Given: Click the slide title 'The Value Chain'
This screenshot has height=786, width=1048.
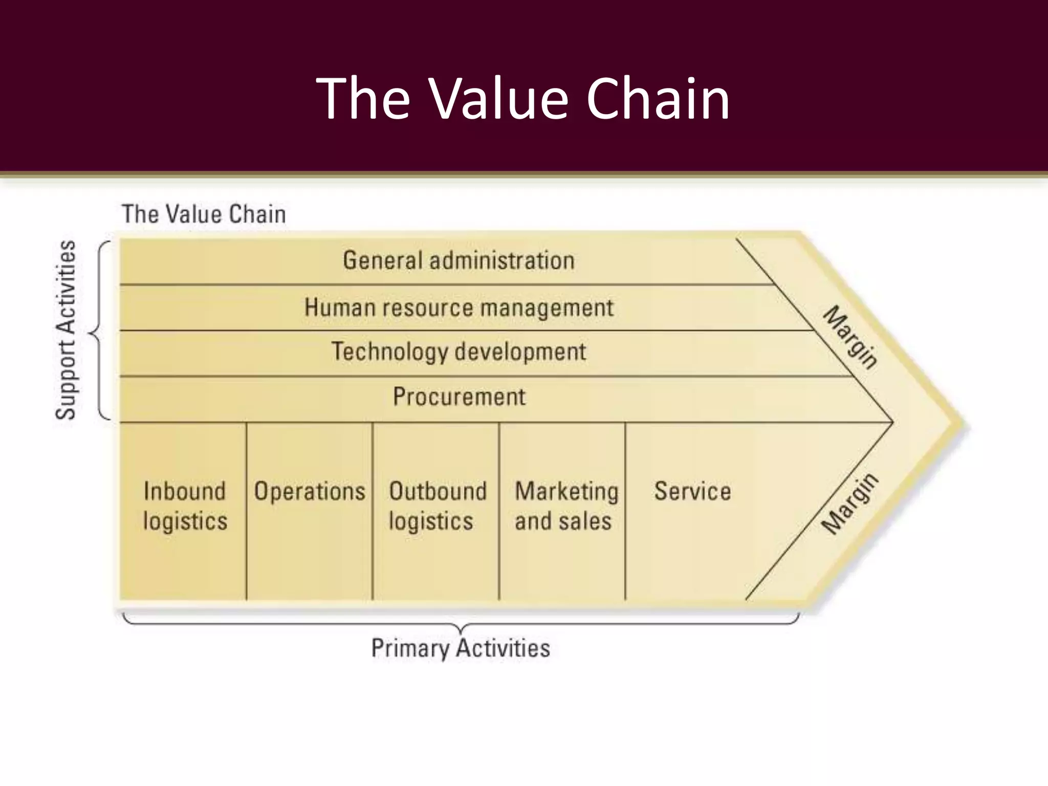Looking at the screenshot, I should click(523, 98).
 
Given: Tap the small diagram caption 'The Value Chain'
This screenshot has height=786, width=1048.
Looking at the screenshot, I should click(204, 214).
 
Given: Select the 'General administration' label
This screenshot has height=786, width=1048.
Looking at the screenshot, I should click(458, 260).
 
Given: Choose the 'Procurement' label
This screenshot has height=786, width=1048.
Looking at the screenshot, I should click(458, 397).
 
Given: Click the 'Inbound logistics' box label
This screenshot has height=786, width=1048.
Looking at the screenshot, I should click(185, 506).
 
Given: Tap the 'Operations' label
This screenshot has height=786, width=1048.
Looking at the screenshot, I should click(310, 491).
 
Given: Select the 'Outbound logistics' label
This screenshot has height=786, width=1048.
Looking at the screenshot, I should click(437, 506).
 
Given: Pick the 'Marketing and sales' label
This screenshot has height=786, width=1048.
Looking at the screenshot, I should click(565, 506).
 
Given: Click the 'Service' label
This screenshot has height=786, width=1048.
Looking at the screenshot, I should click(692, 491).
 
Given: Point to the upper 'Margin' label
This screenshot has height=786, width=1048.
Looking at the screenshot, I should click(850, 337).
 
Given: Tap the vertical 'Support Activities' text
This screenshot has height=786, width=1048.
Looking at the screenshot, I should click(66, 330).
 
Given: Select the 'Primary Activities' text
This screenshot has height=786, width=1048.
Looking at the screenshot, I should click(460, 648).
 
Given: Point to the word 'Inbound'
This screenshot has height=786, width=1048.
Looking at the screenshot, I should click(184, 491).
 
